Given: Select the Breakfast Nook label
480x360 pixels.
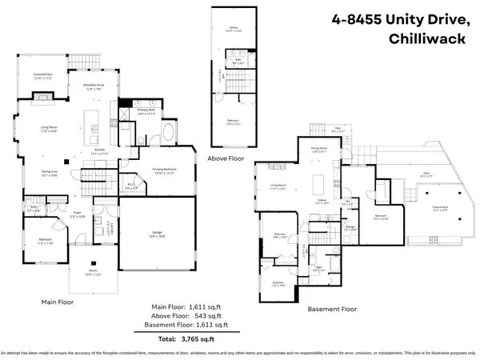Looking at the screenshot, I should (x=94, y=86).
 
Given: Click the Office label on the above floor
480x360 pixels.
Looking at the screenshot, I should (x=235, y=29).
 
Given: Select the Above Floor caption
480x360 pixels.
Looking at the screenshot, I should (x=226, y=158).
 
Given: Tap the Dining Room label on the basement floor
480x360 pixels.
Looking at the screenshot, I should (x=320, y=148).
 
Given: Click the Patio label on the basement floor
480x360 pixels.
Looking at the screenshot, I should (x=338, y=128).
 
